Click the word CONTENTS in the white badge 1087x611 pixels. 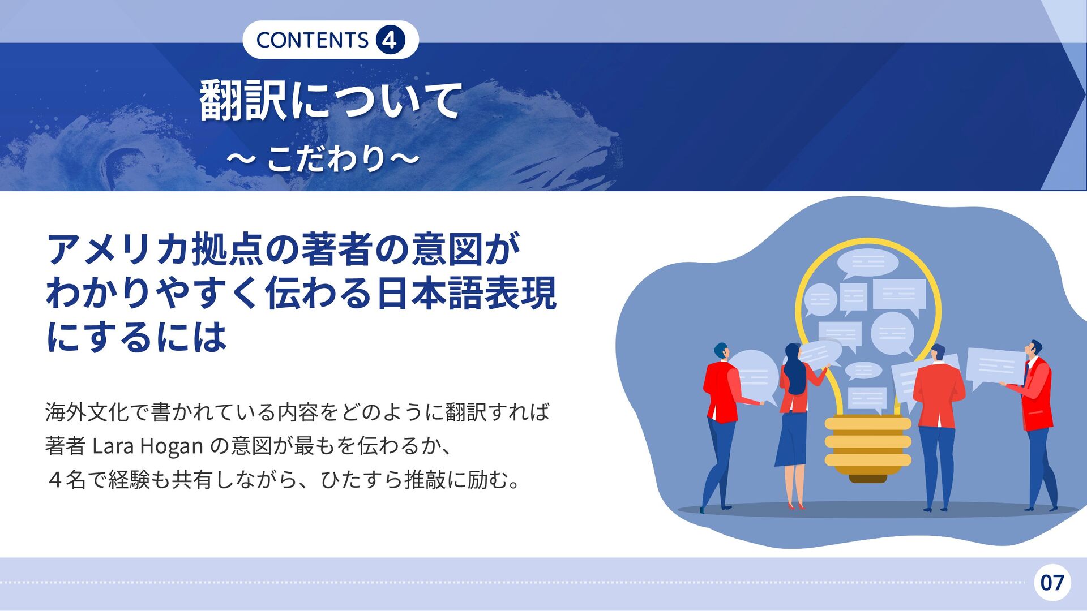point(313,40)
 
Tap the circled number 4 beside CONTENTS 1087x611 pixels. point(390,40)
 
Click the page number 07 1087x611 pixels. point(1052,582)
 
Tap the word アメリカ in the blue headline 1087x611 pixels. point(118,249)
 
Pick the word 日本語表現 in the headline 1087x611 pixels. point(466,293)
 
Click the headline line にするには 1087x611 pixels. point(136,337)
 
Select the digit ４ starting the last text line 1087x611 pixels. point(55,480)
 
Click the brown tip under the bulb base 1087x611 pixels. point(868,479)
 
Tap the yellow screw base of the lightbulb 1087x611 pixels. point(868,445)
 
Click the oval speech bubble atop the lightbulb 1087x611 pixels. point(867,263)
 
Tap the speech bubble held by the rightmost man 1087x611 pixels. point(995,368)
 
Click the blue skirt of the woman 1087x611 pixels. point(791,439)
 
